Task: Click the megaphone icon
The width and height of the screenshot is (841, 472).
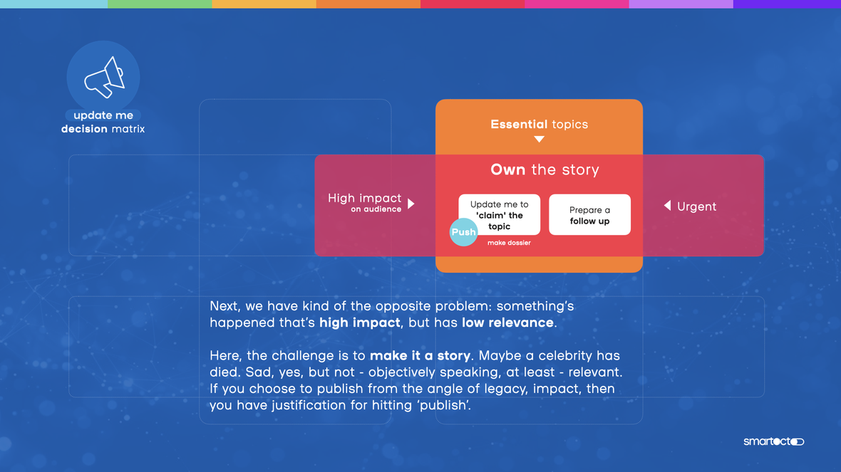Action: pyautogui.click(x=105, y=77)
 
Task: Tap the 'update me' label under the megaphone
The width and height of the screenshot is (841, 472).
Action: pyautogui.click(x=103, y=115)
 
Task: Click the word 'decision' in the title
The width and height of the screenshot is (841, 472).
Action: pyautogui.click(x=84, y=129)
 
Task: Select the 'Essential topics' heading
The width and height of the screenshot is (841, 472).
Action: pyautogui.click(x=539, y=125)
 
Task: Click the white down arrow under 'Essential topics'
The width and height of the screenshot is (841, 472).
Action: pyautogui.click(x=539, y=140)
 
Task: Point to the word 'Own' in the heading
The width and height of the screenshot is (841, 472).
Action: pyautogui.click(x=508, y=169)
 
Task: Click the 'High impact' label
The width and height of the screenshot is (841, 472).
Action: pyautogui.click(x=364, y=198)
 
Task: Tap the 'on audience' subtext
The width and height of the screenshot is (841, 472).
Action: pyautogui.click(x=376, y=209)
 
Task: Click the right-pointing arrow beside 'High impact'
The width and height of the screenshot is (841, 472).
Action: pyautogui.click(x=411, y=204)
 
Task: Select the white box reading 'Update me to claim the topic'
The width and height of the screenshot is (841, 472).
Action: pyautogui.click(x=500, y=214)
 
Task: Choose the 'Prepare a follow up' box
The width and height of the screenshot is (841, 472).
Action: pyautogui.click(x=589, y=214)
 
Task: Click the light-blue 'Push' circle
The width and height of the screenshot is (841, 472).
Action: pyautogui.click(x=463, y=232)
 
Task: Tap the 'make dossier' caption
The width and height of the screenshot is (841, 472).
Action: pyautogui.click(x=509, y=243)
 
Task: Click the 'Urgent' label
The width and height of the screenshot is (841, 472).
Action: pyautogui.click(x=696, y=206)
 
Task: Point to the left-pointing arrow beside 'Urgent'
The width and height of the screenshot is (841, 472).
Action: pyautogui.click(x=667, y=205)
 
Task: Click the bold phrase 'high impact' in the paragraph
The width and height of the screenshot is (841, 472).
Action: pyautogui.click(x=359, y=322)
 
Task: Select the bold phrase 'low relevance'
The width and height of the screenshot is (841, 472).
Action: pyautogui.click(x=507, y=322)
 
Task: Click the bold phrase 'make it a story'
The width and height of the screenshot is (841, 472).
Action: pyautogui.click(x=420, y=356)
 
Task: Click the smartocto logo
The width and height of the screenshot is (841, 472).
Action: pyautogui.click(x=773, y=441)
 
